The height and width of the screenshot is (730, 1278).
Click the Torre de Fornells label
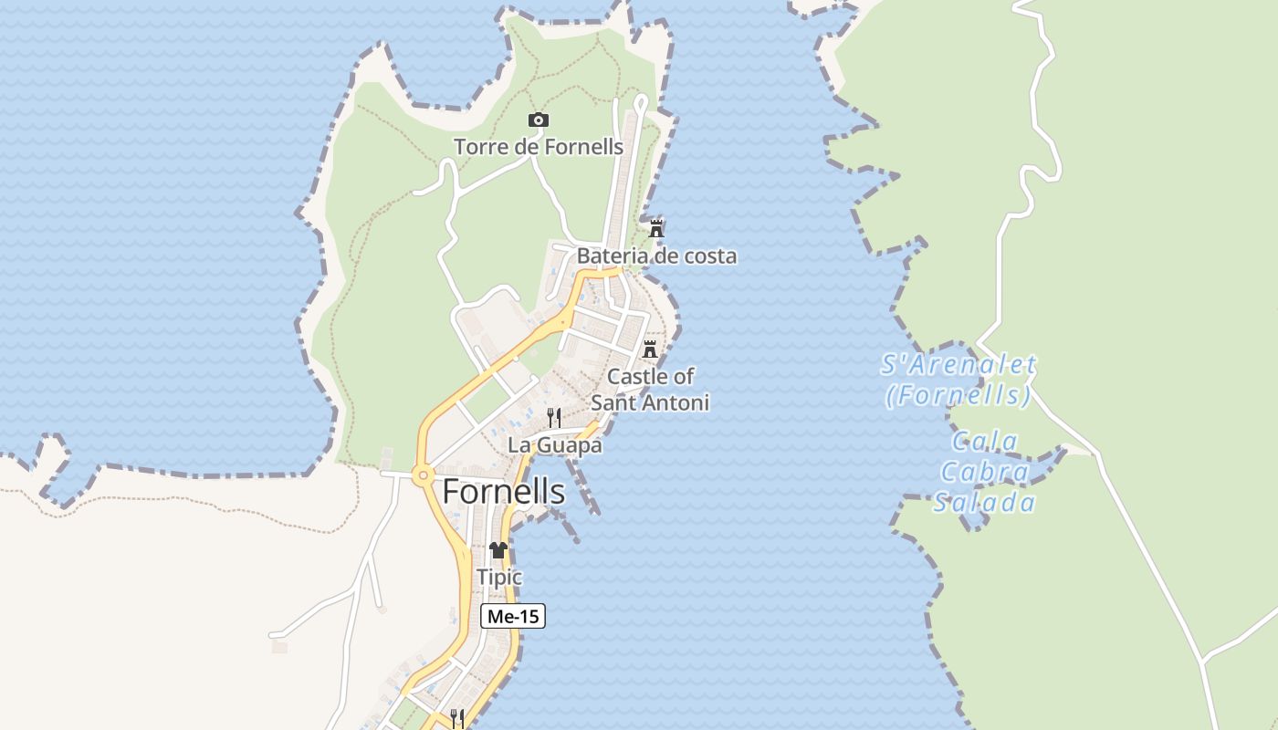coord(539,146)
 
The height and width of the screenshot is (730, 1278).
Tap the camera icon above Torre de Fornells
coord(539,120)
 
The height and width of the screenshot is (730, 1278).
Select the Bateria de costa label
coord(656,255)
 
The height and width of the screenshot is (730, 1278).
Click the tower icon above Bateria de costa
coord(656,228)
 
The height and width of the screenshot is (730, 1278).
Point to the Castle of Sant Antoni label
coord(650,389)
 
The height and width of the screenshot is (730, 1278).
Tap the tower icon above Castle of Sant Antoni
coord(650,349)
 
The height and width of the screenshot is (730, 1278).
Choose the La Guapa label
coord(555,445)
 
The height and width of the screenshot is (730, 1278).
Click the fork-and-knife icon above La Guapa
coord(554,418)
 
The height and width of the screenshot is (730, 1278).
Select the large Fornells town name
coord(504,492)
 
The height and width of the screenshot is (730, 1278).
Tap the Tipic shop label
coord(499,577)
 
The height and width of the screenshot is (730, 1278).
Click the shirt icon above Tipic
coord(498,549)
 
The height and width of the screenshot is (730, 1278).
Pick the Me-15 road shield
coord(513,616)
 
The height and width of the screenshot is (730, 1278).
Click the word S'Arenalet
coord(958,365)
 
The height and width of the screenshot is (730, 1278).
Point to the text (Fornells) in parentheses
coord(958,395)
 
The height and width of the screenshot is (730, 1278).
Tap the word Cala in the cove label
coord(985,442)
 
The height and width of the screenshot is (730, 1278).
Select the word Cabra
coord(985,472)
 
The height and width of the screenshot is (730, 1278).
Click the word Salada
coord(985,503)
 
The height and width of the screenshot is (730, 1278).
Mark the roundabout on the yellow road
coord(422,474)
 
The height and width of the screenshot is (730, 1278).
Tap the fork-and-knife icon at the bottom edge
coord(457,717)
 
